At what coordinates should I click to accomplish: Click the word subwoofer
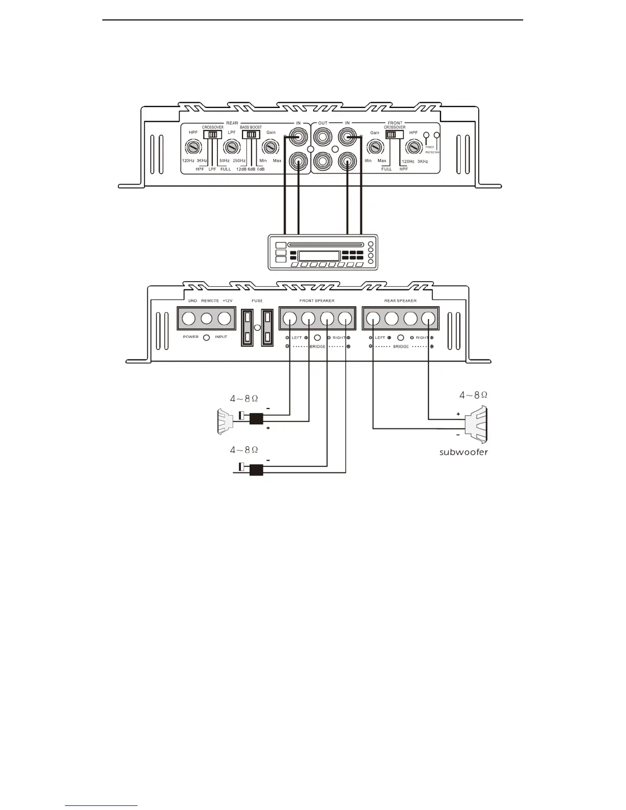point(463,452)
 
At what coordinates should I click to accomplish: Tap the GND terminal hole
point(189,319)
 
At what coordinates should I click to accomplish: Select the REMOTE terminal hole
point(207,319)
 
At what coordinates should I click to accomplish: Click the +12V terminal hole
point(225,319)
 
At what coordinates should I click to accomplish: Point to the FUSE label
point(257,301)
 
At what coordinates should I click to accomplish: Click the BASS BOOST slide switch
point(251,134)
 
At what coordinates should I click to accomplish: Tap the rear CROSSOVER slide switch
point(212,134)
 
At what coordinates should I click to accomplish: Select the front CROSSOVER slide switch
point(394,134)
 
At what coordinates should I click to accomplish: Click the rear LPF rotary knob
point(232,148)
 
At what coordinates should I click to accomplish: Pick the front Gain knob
point(375,148)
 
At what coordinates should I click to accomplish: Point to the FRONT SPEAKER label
point(317,301)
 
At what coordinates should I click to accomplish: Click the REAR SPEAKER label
point(400,301)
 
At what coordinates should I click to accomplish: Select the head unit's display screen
point(319,257)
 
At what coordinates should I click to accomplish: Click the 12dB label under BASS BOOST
point(241,169)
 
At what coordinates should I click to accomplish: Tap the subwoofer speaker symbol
point(477,424)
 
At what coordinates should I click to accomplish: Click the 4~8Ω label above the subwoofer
point(473,395)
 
